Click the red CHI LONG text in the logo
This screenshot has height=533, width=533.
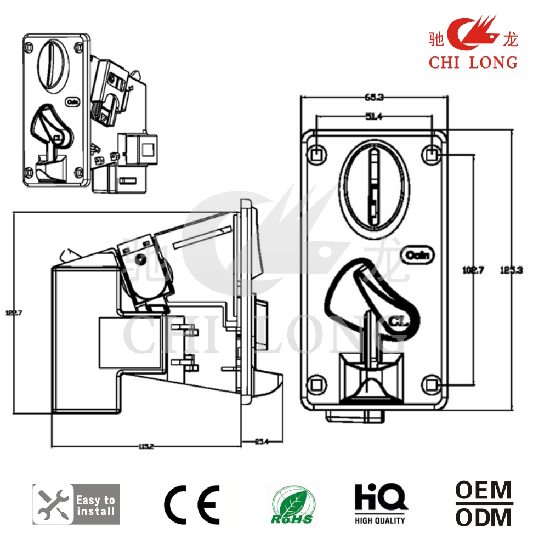pyautogui.click(x=473, y=62)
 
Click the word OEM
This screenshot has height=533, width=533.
pyautogui.click(x=484, y=490)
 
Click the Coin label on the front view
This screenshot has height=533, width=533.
pyautogui.click(x=418, y=255)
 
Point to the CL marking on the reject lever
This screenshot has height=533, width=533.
pyautogui.click(x=398, y=322)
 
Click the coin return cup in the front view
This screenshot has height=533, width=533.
pyautogui.click(x=371, y=378)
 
